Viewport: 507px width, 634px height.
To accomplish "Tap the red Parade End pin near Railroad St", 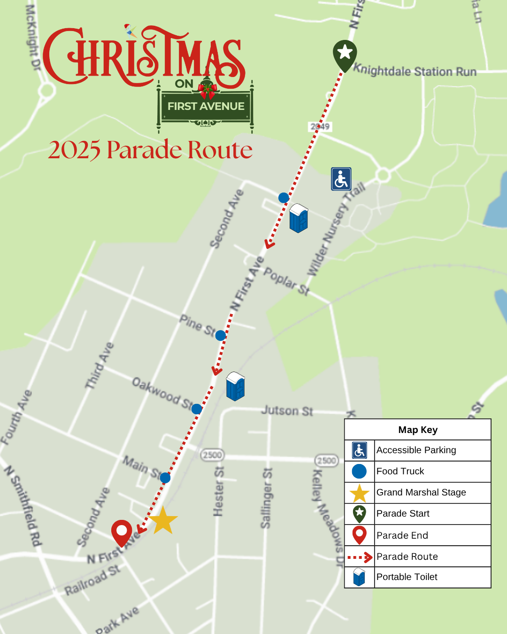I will pos(122,533).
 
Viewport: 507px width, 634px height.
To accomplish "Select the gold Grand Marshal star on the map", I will pos(163,520).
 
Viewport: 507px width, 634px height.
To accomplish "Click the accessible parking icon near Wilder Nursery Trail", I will pos(341,179).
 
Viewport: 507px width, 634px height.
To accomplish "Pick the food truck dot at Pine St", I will pos(221,335).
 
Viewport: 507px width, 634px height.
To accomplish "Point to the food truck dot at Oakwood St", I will pos(197,409).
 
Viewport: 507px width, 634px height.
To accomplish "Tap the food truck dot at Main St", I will pos(165,478).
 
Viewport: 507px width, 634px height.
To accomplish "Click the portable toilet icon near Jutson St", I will pos(235,386).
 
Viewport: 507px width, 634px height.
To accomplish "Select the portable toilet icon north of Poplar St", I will pos(299,218).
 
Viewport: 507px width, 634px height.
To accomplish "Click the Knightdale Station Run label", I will pos(415,71).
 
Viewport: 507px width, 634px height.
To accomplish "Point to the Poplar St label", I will pos(286,281).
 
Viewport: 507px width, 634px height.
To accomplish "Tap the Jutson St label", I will pos(287,411).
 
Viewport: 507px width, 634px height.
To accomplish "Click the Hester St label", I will pos(218,491).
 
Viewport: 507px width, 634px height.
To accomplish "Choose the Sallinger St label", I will pos(266,498).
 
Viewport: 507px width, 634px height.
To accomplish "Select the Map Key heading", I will pos(418,430).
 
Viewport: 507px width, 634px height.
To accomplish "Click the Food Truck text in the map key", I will pos(400,471).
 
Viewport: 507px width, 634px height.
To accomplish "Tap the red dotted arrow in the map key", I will pos(360,557).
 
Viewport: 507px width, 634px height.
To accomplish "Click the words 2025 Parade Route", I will pos(150,150).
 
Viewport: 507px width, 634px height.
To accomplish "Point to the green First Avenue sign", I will pos(206,106).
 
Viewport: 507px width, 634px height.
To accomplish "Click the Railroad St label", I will pos(92,580).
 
